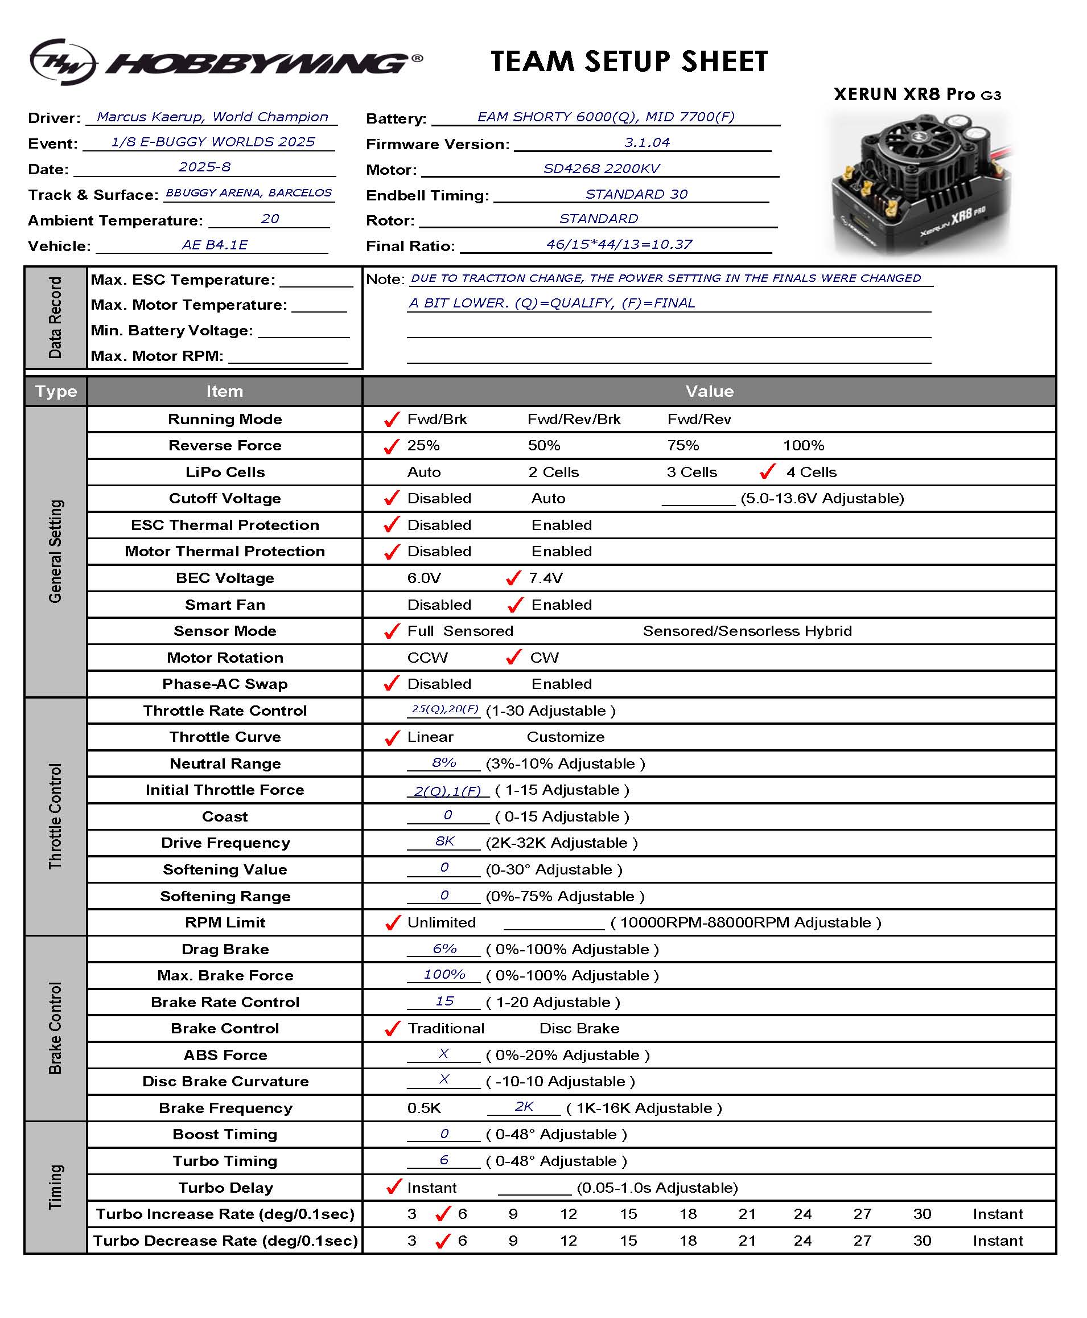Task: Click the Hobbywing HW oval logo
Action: [63, 61]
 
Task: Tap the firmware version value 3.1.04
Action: [647, 143]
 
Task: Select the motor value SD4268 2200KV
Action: [601, 169]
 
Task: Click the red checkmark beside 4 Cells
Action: [767, 471]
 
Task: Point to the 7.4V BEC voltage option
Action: [545, 577]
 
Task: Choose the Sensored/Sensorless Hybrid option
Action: [747, 631]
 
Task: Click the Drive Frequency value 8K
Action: [444, 841]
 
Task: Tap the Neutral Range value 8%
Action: [444, 762]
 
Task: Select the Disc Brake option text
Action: [579, 1029]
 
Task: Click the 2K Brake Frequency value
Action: [524, 1106]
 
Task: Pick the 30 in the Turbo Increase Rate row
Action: [922, 1214]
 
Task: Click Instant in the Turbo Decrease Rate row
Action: [998, 1241]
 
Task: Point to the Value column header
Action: [709, 392]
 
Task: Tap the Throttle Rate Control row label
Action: [225, 711]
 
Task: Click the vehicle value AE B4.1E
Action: [215, 245]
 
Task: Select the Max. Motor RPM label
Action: [157, 356]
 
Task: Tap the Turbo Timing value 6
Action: [444, 1160]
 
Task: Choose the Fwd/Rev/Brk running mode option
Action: [574, 419]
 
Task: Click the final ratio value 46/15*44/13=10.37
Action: [619, 244]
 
